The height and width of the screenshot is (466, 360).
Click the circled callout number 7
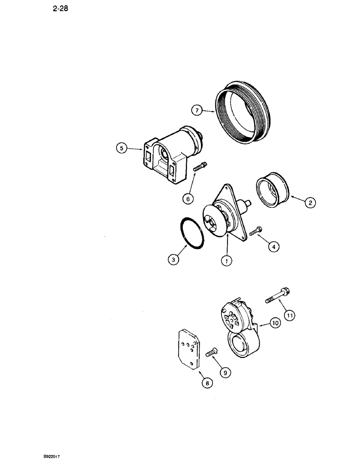tap(197, 110)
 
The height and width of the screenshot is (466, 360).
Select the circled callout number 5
tap(121, 149)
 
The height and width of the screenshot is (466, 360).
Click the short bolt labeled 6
tap(200, 167)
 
